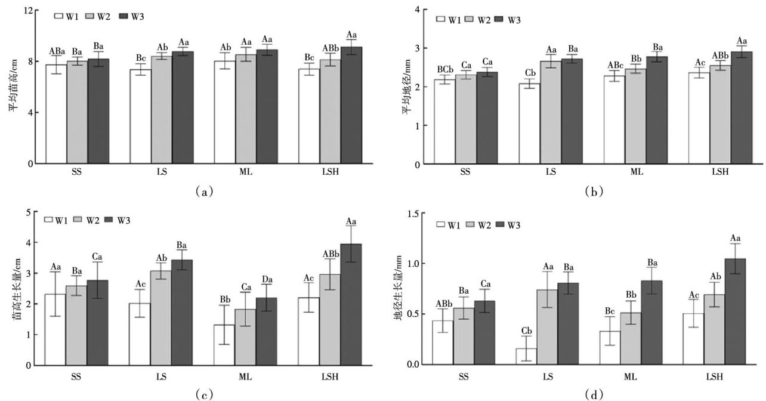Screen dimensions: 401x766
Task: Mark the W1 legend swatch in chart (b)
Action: point(442,20)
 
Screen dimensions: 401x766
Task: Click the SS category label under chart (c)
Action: point(76,377)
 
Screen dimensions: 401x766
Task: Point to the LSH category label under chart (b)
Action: point(721,172)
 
